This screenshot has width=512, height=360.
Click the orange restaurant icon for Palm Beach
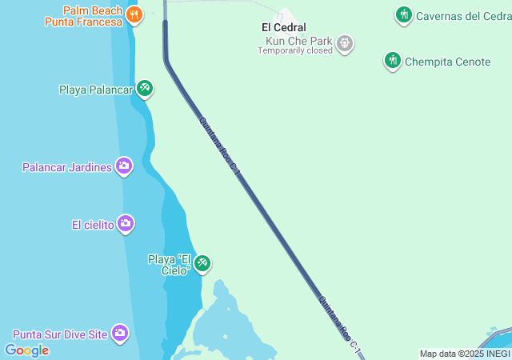click(x=134, y=14)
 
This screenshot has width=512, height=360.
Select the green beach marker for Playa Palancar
click(x=144, y=89)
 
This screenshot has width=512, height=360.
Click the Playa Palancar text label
click(x=95, y=90)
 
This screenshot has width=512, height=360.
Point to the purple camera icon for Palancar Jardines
click(x=124, y=166)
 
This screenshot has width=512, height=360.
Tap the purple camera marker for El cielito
click(x=126, y=224)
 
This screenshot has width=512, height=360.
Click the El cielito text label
click(x=93, y=225)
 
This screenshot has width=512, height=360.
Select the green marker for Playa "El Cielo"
click(x=202, y=263)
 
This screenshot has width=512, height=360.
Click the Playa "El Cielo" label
click(x=170, y=265)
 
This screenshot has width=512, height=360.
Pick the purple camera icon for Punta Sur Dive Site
click(x=120, y=333)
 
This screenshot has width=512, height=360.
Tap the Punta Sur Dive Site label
click(x=59, y=334)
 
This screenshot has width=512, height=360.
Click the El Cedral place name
click(x=284, y=27)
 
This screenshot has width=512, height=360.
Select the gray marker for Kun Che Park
click(x=345, y=42)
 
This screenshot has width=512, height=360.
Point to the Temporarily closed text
click(x=294, y=50)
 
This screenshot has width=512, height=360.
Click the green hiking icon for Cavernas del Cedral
click(x=403, y=14)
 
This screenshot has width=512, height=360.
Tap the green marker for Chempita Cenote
click(x=392, y=61)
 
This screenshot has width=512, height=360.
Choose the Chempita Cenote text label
click(x=448, y=62)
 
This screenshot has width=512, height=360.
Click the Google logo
click(x=26, y=350)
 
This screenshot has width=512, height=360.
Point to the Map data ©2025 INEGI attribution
click(x=465, y=354)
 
